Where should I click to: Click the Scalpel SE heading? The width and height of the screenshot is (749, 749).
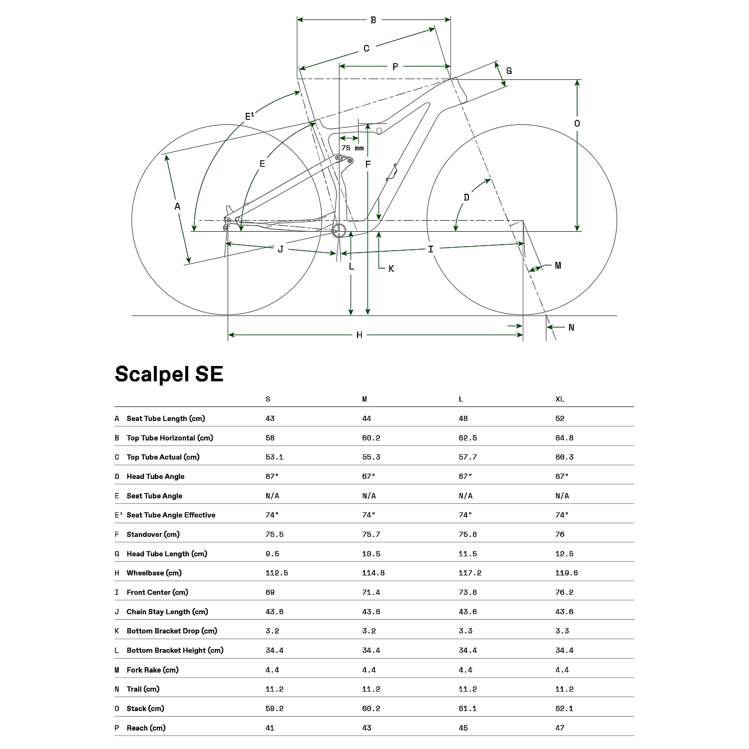(169, 374)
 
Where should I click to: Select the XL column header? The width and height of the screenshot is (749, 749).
(560, 399)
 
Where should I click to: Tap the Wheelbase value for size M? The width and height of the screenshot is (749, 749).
(373, 573)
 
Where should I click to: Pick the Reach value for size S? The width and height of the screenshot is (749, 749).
(270, 728)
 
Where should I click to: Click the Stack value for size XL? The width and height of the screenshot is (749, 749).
(564, 708)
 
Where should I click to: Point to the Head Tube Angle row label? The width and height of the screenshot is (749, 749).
(155, 476)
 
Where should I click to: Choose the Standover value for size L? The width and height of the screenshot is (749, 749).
(467, 534)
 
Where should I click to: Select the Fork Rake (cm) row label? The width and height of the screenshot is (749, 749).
(152, 670)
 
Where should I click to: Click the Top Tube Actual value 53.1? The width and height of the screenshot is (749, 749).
(274, 457)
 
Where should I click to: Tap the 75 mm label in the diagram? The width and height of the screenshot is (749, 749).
(353, 148)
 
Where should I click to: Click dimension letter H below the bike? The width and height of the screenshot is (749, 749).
(359, 335)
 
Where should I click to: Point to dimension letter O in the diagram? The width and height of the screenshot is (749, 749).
(577, 123)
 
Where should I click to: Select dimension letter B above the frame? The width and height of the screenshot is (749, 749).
(373, 20)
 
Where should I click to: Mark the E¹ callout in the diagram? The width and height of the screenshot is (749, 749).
(250, 117)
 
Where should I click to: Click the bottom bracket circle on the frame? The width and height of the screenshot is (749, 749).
(340, 231)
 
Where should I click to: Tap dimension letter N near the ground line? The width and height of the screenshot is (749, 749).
(571, 328)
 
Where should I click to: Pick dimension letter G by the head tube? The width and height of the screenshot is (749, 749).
(509, 71)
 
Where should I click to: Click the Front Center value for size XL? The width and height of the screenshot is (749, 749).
(564, 592)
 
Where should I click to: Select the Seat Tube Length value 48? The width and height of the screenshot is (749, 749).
(463, 418)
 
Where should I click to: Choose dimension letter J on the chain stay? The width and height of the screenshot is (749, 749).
(281, 249)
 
